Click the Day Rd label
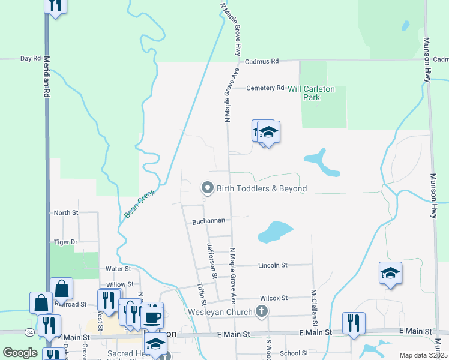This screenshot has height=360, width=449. pos(30,59)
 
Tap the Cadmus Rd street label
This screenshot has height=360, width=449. pos(262,61)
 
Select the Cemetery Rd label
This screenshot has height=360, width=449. pos(266,88)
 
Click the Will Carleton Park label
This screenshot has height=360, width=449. pos(312,92)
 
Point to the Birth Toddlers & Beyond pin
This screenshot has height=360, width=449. pos(208,188)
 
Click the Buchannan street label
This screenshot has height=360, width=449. pos(208,221)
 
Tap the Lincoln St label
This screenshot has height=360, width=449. pos(273,265)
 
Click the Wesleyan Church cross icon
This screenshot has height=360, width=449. pos(261,311)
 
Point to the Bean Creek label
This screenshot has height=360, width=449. pos(140,203)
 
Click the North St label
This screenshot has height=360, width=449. pos(65,212)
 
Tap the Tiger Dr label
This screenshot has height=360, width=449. pos(65,242)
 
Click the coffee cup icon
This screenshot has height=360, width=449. pos(152,316)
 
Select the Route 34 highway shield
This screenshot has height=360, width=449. pos(30,332)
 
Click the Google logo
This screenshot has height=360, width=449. pos(20,353)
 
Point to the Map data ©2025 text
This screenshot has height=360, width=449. pos(423,355)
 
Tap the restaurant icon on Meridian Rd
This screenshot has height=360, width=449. pos(55,5)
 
